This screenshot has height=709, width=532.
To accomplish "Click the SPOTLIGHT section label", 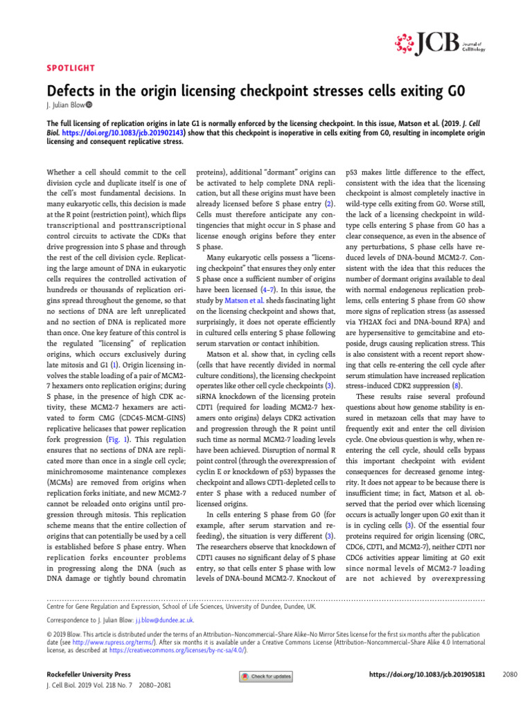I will [70, 69].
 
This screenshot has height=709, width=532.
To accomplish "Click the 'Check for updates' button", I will [266, 676].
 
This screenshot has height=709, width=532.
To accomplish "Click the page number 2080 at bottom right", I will [509, 674].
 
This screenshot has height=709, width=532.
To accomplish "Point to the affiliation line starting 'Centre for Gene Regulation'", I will [181, 605].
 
